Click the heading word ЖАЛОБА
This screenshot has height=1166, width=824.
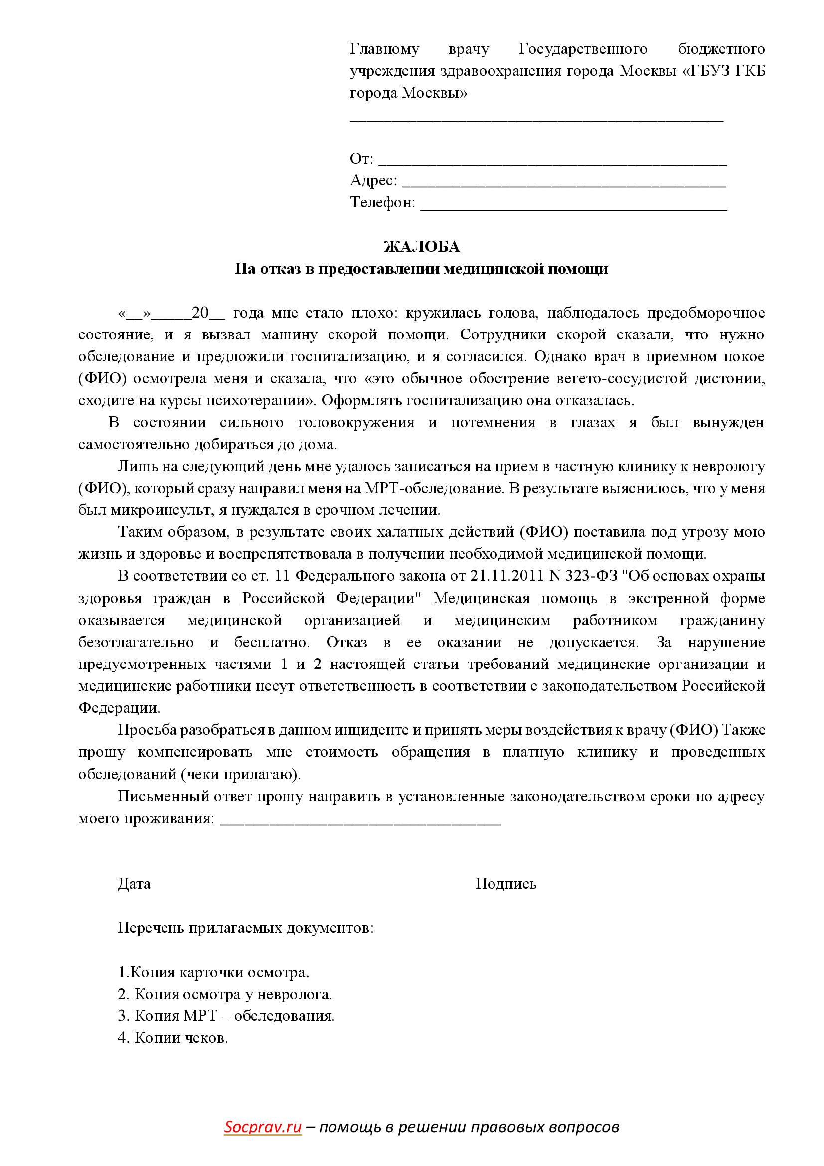421,247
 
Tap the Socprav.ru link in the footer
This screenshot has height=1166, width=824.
263,1127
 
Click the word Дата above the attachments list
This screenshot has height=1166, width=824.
134,884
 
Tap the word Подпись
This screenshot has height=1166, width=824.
505,884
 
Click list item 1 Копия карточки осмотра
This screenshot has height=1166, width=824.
213,972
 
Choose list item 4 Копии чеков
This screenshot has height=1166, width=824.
172,1038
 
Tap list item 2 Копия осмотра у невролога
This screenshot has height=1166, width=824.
225,994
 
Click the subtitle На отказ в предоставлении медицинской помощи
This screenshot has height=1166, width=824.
421,269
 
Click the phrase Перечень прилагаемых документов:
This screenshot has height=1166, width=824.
246,928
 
